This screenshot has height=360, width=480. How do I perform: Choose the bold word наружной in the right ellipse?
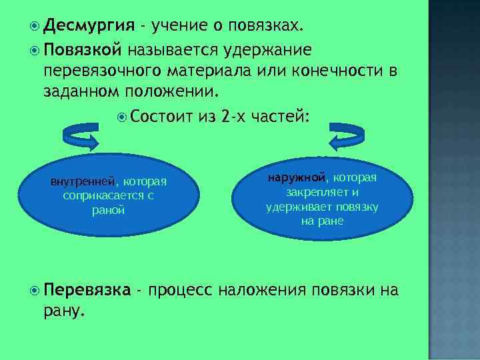point(297,178)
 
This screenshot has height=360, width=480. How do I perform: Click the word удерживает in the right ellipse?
point(293,207)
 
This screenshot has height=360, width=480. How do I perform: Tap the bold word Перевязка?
point(87,290)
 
